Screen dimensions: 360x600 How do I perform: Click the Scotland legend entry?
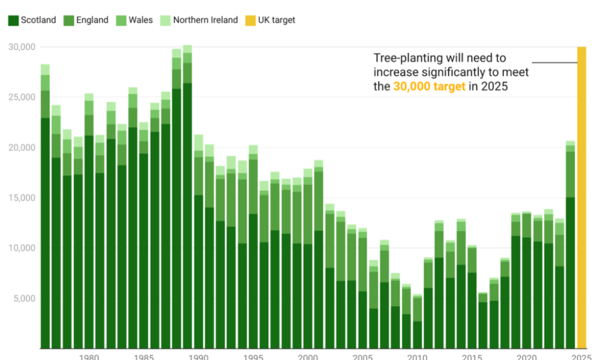pyautogui.click(x=32, y=20)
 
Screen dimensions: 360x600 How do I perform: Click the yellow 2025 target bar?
pyautogui.click(x=581, y=198)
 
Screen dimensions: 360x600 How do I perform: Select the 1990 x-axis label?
pyautogui.click(x=198, y=357)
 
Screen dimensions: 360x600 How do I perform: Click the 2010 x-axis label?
pyautogui.click(x=417, y=357)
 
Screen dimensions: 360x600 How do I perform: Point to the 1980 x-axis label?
pyautogui.click(x=89, y=357)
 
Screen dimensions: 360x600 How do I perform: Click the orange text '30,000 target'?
pyautogui.click(x=429, y=86)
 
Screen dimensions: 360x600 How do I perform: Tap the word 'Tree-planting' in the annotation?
pyautogui.click(x=407, y=58)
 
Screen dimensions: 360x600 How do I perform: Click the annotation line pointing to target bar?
pyautogui.click(x=554, y=62)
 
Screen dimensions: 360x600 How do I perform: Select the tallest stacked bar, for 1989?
pyautogui.click(x=187, y=198)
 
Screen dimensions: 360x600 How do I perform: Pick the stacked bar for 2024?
pyautogui.click(x=571, y=246)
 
